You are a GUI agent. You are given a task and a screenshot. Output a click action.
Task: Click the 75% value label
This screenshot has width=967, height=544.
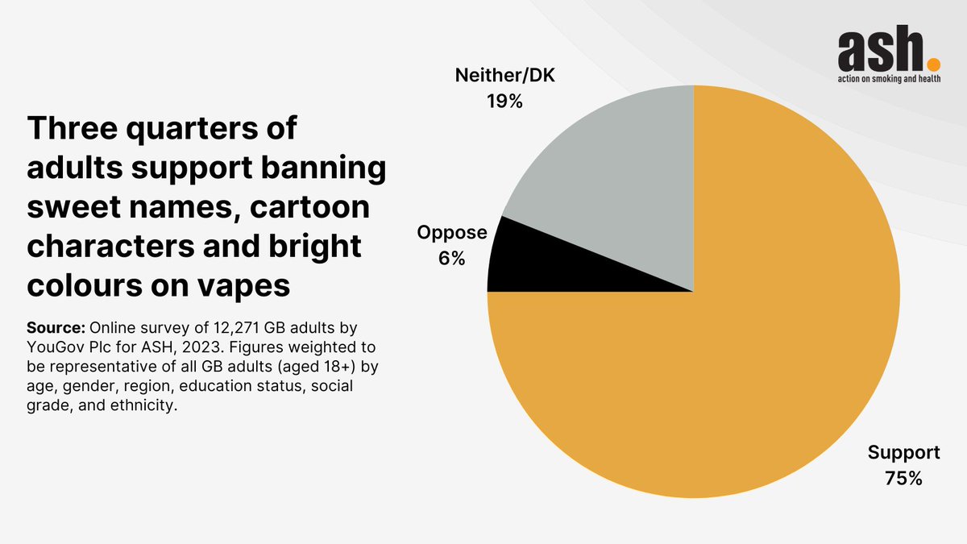[x=903, y=478]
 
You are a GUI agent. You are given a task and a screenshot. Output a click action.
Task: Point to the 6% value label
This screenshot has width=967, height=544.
[x=452, y=259]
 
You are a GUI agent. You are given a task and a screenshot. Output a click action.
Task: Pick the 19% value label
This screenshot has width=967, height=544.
[x=505, y=102]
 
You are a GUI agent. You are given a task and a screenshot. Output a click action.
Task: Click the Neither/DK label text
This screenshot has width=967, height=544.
[x=505, y=77]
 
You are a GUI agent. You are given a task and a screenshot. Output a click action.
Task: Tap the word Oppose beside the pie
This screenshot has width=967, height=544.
[x=452, y=233]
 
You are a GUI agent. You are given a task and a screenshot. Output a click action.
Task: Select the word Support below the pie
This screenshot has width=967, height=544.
[x=903, y=451]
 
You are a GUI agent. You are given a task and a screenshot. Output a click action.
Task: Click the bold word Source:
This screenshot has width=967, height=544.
[x=56, y=329]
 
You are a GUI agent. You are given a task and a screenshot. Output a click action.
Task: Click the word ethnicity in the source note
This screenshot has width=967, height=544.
[x=137, y=406]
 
